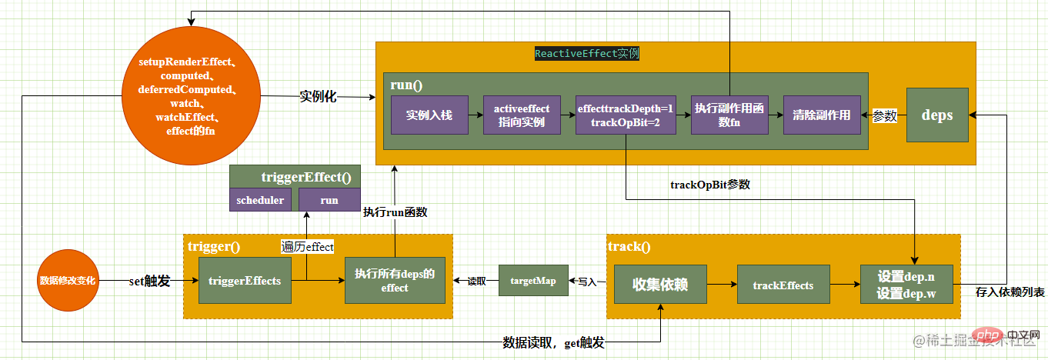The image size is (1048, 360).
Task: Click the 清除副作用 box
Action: tap(822, 115)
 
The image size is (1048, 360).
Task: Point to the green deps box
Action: tap(937, 115)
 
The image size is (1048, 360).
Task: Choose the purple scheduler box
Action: tap(260, 200)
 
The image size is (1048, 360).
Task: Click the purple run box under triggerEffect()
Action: tap(329, 200)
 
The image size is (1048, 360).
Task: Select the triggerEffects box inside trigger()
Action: tap(245, 280)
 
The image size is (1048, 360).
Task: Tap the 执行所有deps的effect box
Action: tap(395, 280)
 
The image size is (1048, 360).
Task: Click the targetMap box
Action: tap(532, 281)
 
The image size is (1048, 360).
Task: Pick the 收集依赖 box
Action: tap(659, 285)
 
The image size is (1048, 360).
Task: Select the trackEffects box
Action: tap(783, 285)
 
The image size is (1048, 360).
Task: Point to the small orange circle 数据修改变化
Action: tap(68, 281)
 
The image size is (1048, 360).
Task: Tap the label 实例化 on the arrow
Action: tap(318, 97)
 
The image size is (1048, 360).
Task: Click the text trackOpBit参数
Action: tap(709, 185)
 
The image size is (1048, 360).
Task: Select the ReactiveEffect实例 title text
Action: tap(587, 54)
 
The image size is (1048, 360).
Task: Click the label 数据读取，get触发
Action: tap(553, 343)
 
